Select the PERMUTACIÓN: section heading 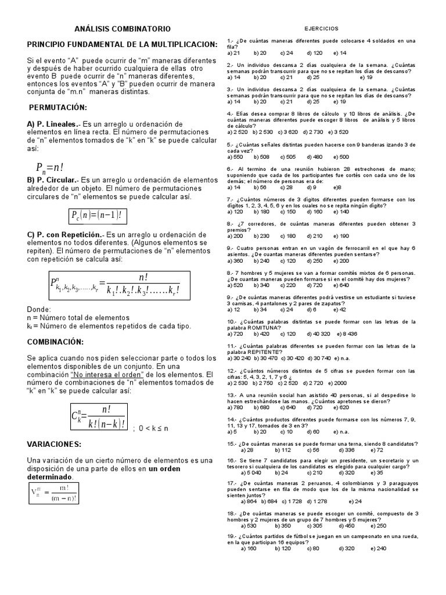pyautogui.click(x=57, y=107)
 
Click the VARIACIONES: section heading pyautogui.click(x=57, y=444)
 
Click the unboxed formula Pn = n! pyautogui.click(x=56, y=167)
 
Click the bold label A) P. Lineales pyautogui.click(x=53, y=124)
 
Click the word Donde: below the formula pyautogui.click(x=39, y=309)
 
